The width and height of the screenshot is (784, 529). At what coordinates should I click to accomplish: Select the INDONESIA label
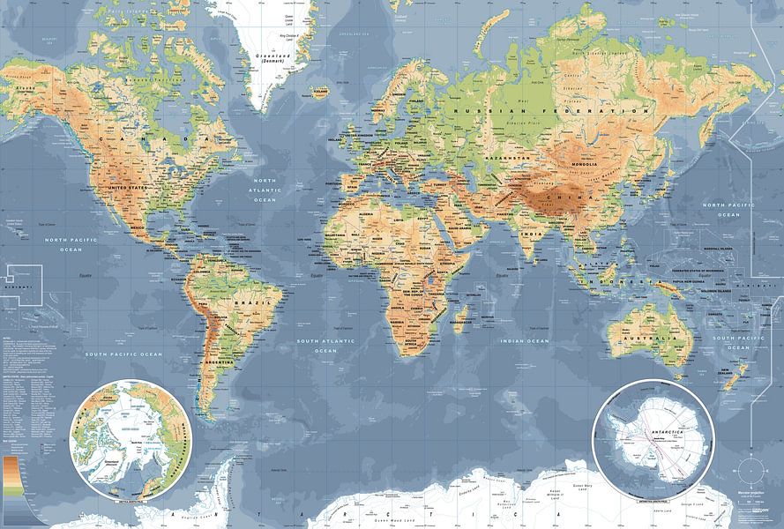point(631,281)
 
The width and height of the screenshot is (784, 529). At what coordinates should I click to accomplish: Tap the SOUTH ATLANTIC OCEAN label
point(324,345)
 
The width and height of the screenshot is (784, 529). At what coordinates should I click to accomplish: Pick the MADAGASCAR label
point(466,323)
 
